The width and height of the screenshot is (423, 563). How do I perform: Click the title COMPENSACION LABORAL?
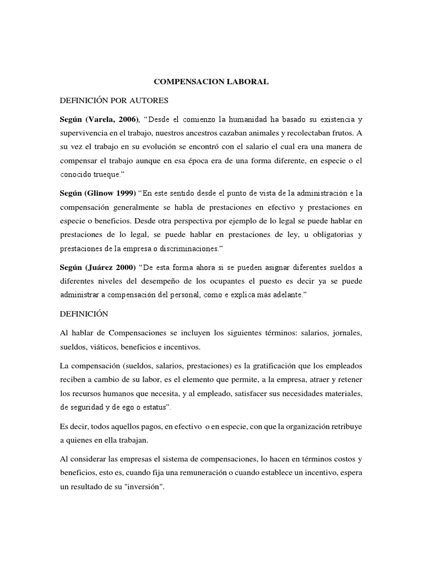(211, 82)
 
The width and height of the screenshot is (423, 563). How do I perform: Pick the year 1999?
(126, 194)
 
